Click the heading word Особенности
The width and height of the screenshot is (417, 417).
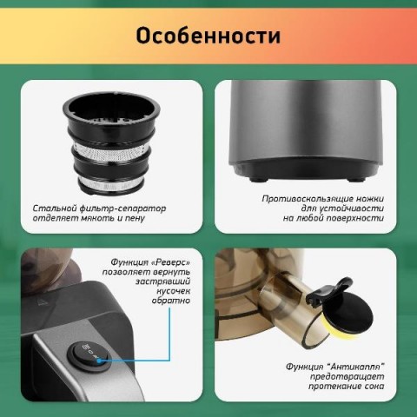pos(208,36)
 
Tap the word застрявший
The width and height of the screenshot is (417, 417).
pos(162,281)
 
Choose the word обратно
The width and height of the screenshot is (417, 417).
pos(171,301)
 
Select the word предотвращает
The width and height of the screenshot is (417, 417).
pos(347,377)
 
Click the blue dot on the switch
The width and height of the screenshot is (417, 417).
pos(99,361)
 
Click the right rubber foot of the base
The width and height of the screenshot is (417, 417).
pos(356,180)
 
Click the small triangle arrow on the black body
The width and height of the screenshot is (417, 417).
pos(43,301)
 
